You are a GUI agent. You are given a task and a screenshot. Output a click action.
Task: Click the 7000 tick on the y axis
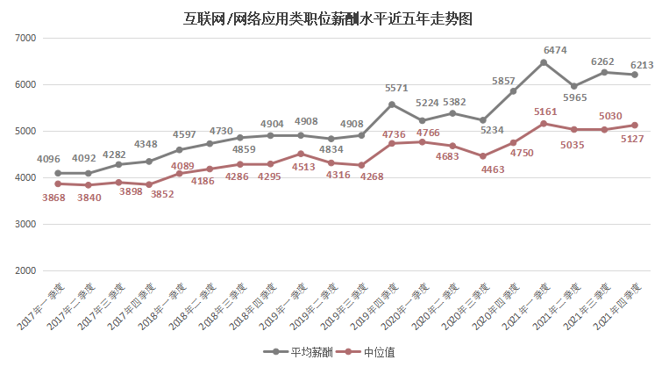(25, 39)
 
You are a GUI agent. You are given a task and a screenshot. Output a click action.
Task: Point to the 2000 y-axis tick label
(25, 270)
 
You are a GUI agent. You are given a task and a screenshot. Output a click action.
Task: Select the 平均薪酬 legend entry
(302, 352)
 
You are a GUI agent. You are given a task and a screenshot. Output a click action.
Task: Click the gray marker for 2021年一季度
(544, 62)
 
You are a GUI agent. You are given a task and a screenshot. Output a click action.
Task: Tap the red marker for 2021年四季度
(635, 125)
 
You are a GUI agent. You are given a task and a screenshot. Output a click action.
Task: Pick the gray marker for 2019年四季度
(392, 104)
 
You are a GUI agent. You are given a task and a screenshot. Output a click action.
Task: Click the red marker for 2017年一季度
(57, 183)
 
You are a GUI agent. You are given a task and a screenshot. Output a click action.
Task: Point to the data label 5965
(578, 97)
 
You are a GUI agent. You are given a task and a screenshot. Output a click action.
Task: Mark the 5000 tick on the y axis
(25, 132)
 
